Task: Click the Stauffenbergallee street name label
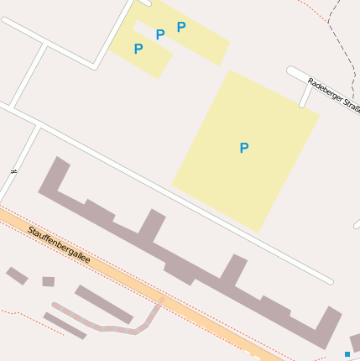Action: (x=58, y=243)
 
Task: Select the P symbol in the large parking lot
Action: (x=244, y=149)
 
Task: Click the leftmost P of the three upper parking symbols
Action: (x=138, y=50)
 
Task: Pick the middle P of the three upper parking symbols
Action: (x=160, y=35)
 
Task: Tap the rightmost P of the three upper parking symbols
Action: (x=181, y=27)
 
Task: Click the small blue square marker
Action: (x=347, y=354)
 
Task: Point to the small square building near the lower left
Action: (x=48, y=281)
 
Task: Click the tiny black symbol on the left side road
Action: (x=13, y=171)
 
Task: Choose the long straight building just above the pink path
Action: (x=104, y=304)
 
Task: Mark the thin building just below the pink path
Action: (x=64, y=325)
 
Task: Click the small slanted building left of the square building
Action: (x=17, y=275)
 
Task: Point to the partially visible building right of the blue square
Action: (x=356, y=343)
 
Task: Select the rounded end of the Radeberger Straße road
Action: (x=291, y=71)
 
